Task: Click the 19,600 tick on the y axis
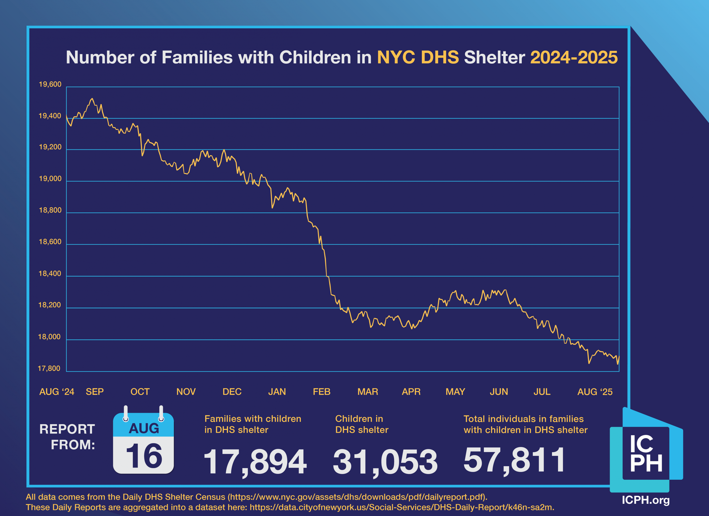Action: [50, 84]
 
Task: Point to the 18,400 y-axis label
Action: [50, 274]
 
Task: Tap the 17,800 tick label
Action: [49, 368]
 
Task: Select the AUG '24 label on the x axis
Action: [56, 392]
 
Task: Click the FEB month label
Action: [321, 392]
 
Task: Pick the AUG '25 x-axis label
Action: [595, 392]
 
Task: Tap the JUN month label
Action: [499, 392]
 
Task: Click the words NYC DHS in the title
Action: [418, 58]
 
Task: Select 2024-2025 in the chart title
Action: [574, 58]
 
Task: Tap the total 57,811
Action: [514, 460]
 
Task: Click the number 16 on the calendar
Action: [144, 456]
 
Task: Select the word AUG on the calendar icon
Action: [144, 428]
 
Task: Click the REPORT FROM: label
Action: [67, 437]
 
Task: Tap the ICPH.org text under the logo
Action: [646, 500]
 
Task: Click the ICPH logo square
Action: [646, 453]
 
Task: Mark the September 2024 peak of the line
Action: [92, 99]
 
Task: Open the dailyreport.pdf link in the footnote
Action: [356, 497]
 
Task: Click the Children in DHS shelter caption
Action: [362, 424]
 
